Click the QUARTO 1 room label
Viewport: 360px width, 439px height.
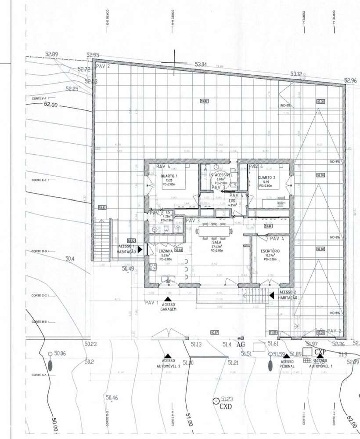169,176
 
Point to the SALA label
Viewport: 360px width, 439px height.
216,242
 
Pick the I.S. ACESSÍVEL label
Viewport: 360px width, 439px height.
221,174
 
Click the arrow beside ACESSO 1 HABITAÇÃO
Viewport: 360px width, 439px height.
140,249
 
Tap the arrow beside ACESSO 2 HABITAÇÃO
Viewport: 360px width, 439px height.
272,295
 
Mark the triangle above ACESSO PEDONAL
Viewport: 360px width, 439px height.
287,356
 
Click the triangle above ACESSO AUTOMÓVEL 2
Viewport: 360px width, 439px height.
167,356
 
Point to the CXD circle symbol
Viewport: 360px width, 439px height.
216,400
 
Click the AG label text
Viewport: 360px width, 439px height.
240,345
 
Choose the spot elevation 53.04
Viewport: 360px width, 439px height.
200,65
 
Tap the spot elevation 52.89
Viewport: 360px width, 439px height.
51,54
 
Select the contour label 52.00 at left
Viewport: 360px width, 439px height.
51,105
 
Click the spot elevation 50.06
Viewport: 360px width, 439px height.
60,354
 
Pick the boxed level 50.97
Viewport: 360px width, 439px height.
215,333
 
